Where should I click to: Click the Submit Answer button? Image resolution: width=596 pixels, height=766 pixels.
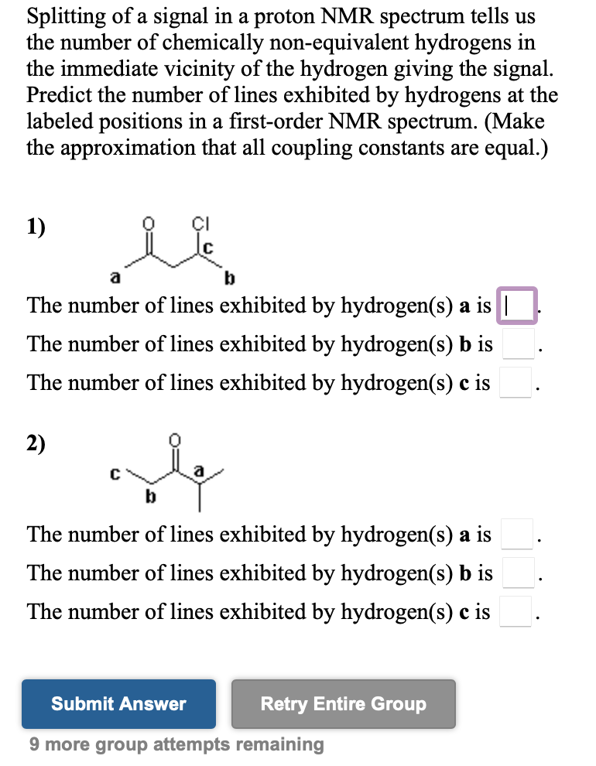pos(118,704)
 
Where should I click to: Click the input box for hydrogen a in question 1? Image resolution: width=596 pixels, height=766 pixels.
pos(519,305)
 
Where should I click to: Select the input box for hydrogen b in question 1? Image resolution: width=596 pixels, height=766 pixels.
pos(517,344)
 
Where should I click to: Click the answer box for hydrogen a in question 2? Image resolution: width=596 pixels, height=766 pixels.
pos(517,534)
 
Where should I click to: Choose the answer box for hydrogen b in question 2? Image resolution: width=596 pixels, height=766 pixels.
pos(517,573)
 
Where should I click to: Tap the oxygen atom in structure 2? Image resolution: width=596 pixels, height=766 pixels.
pos(175,439)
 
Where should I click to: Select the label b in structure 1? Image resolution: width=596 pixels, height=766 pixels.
pos(229,277)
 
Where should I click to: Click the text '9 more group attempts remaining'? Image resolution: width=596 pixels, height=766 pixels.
pos(176,744)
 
